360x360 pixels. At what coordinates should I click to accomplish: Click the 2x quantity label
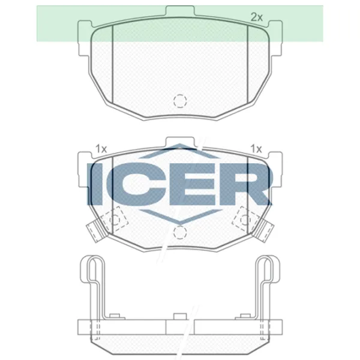pyautogui.click(x=257, y=17)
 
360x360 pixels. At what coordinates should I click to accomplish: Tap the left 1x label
pyautogui.click(x=101, y=148)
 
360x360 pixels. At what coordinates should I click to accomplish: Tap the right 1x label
pyautogui.click(x=256, y=148)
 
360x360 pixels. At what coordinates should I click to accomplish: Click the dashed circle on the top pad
pyautogui.click(x=179, y=101)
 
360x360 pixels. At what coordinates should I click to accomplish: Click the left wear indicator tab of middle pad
pyautogui.click(x=94, y=230)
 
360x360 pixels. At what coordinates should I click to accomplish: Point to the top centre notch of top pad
pyautogui.click(x=180, y=10)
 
